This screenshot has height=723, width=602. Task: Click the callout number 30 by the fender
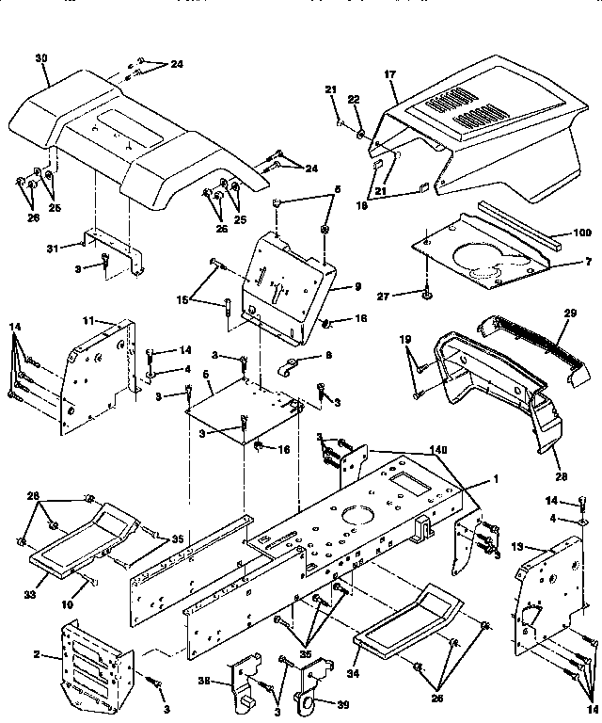click(40, 57)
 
